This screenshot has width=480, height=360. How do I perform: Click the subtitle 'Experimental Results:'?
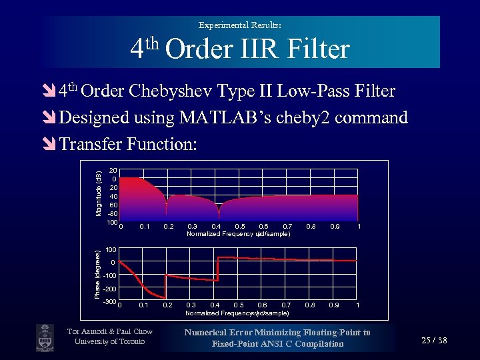[240, 25]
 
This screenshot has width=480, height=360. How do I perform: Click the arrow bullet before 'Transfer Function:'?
[49, 144]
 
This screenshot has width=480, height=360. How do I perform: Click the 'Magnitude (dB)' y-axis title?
[98, 194]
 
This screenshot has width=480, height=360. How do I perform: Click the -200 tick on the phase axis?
[110, 289]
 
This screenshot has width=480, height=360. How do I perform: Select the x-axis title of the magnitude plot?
[238, 234]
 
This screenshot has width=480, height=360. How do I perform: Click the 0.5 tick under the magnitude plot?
[240, 227]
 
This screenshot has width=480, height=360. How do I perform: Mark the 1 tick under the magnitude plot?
[359, 227]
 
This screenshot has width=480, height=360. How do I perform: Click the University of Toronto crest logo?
[45, 336]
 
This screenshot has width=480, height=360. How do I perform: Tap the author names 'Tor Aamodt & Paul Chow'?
[110, 331]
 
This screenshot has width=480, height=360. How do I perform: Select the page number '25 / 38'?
[435, 341]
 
